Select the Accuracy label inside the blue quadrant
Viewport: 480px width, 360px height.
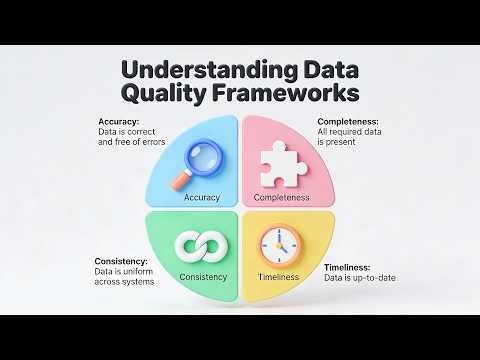[202, 198]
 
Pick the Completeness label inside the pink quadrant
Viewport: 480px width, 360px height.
[281, 198]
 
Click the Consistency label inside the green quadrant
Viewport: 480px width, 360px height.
[203, 277]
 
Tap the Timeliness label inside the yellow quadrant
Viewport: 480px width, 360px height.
[278, 277]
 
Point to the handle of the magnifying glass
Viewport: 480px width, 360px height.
[183, 179]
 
